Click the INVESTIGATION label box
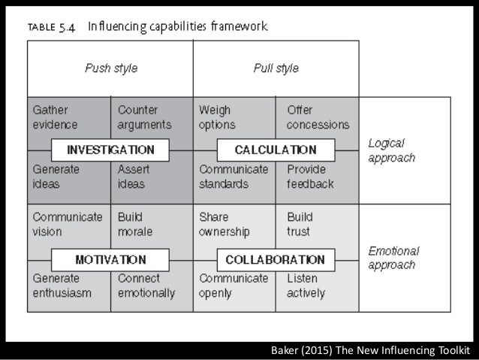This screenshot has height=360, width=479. pyautogui.click(x=110, y=149)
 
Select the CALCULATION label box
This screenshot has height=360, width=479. pyautogui.click(x=276, y=149)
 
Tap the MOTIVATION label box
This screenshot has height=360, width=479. pyautogui.click(x=110, y=260)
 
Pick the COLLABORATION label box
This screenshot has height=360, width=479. pyautogui.click(x=276, y=260)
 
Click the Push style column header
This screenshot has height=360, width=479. pyautogui.click(x=110, y=68)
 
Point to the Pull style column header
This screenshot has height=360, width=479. pyautogui.click(x=276, y=68)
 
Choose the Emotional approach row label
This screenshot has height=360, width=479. pyautogui.click(x=393, y=258)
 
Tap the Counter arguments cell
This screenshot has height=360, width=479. pyautogui.click(x=144, y=117)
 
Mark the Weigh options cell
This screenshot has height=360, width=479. pyautogui.click(x=217, y=117)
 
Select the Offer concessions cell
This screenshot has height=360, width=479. pyautogui.click(x=318, y=117)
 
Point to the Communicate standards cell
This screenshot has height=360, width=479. pyautogui.click(x=233, y=177)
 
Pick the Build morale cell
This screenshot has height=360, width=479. pyautogui.click(x=135, y=225)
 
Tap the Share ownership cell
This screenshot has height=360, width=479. pyautogui.click(x=224, y=225)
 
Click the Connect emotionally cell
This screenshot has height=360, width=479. pyautogui.click(x=146, y=286)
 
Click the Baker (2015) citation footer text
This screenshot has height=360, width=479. pyautogui.click(x=370, y=351)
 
